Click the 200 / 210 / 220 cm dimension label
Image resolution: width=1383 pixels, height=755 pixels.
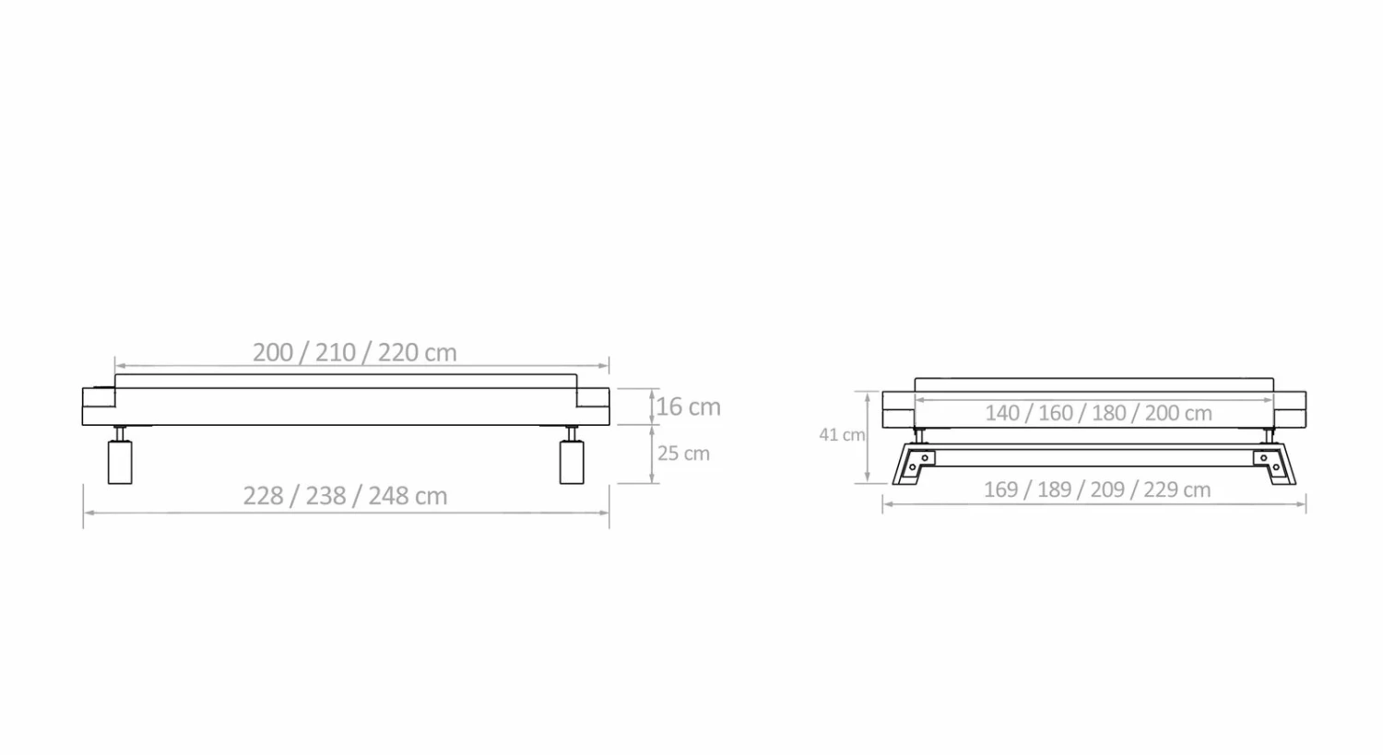(355, 352)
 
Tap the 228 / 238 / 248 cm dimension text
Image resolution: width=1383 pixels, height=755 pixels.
(345, 496)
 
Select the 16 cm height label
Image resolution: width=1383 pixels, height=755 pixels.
(688, 407)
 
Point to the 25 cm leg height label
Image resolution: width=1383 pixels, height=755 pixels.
(683, 454)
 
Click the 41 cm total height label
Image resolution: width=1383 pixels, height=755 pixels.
(842, 434)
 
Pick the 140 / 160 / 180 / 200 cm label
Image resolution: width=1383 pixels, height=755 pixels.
(1098, 413)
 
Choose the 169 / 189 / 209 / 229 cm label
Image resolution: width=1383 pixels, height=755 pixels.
(1097, 490)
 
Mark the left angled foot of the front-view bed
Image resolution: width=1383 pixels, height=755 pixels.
(906, 465)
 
